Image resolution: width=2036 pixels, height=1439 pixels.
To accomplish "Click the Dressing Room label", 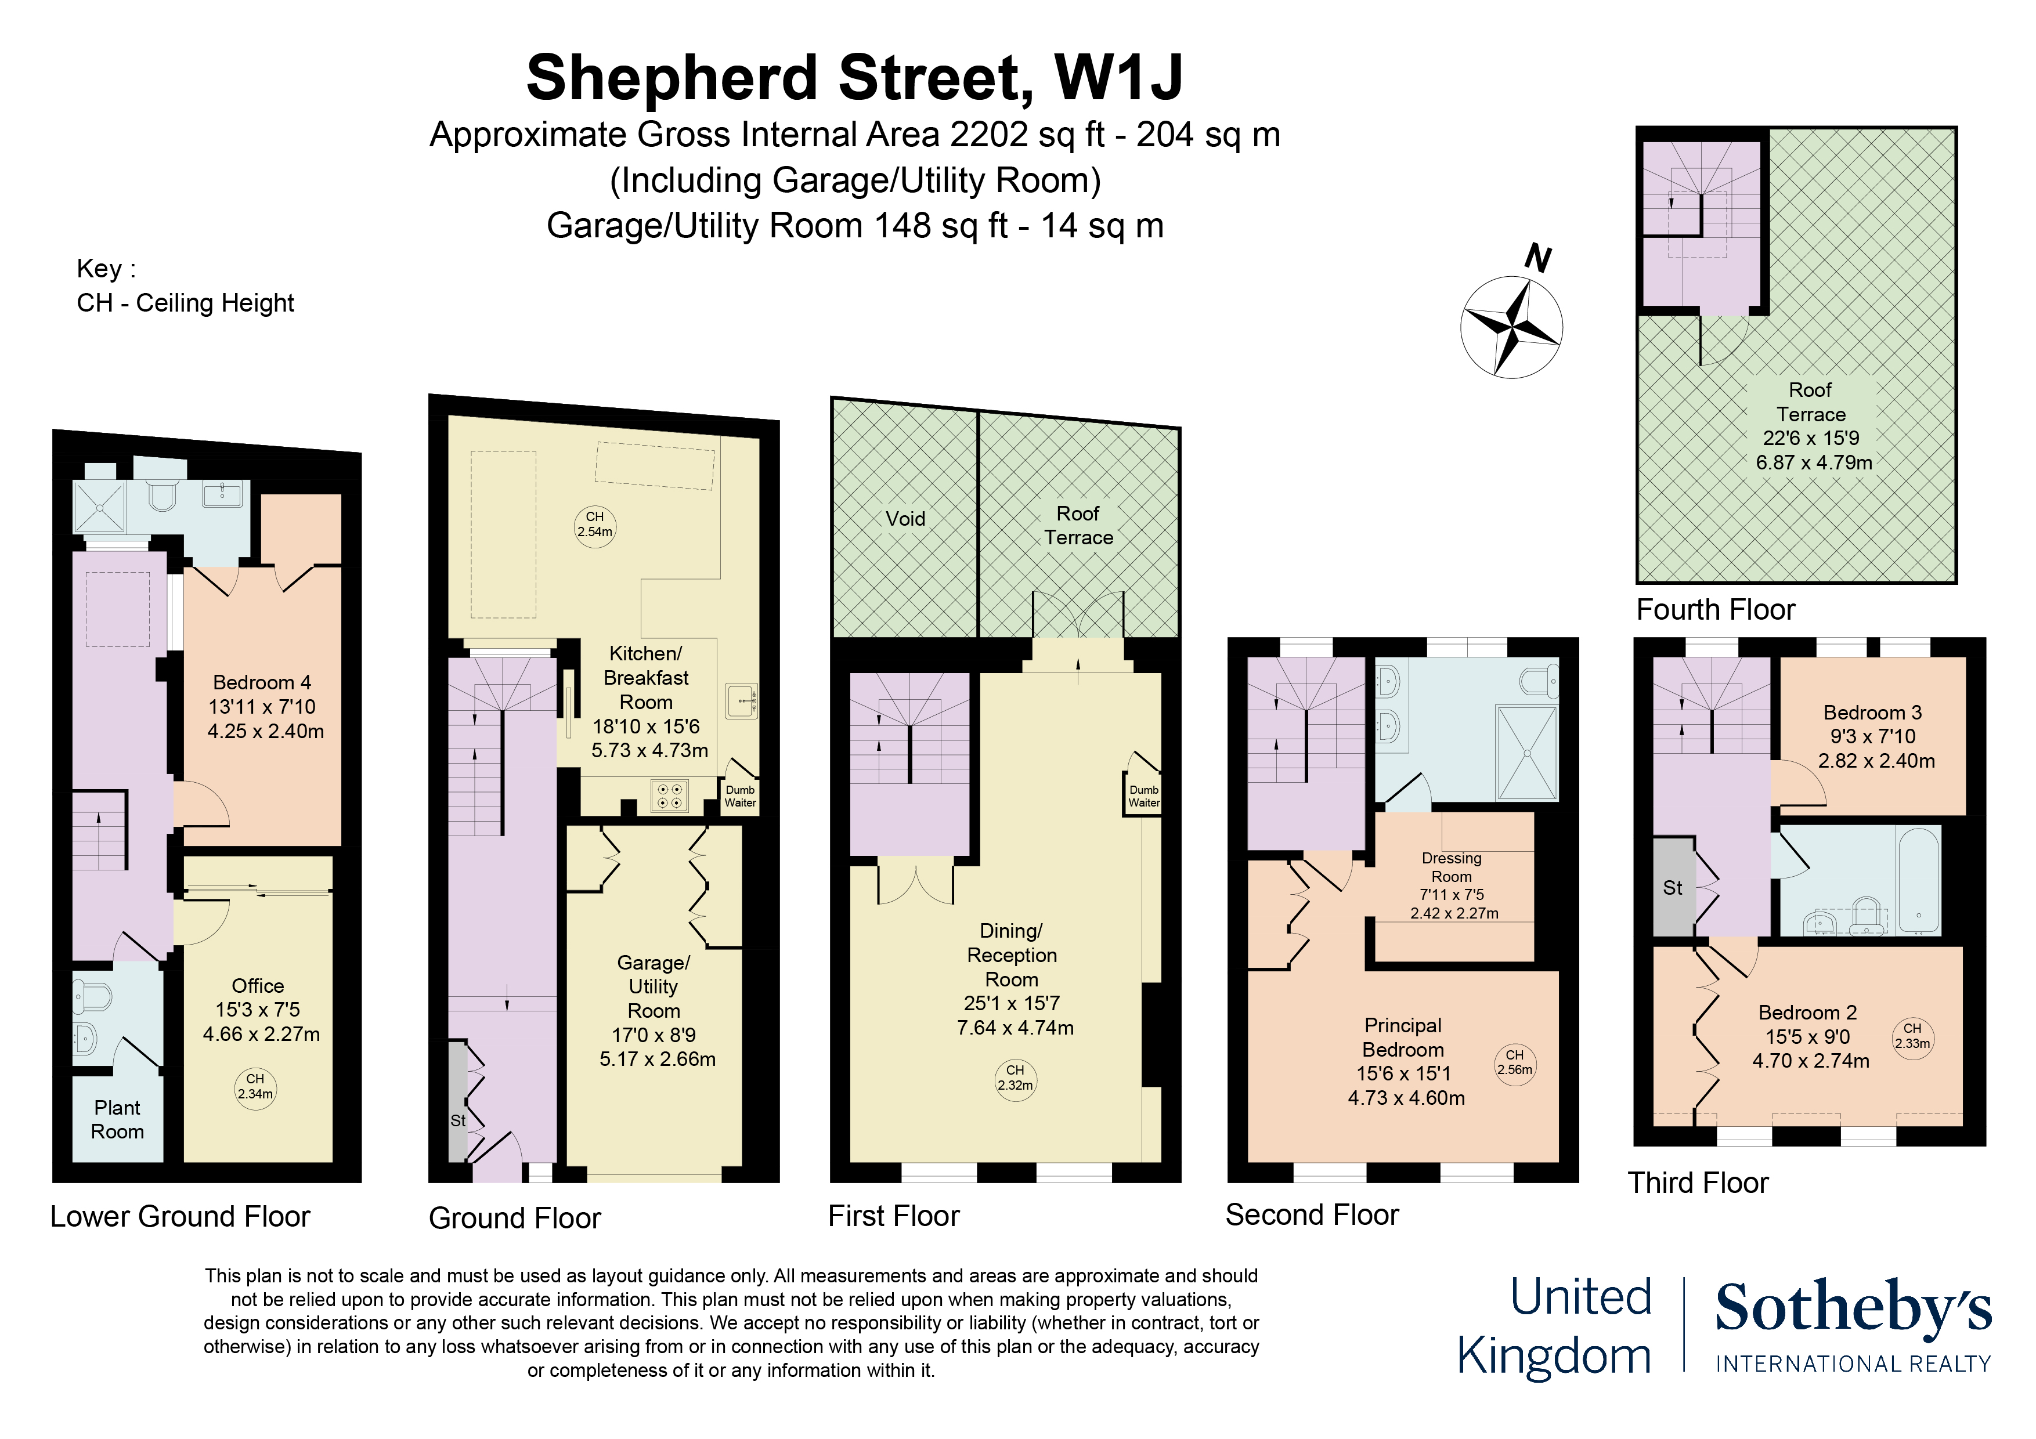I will (x=1451, y=867).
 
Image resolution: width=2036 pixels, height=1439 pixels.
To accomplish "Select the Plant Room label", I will (x=117, y=1119).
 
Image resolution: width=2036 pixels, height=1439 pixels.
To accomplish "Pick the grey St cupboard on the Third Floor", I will (x=1673, y=887).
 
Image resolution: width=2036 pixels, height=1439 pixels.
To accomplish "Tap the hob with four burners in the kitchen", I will (x=670, y=796).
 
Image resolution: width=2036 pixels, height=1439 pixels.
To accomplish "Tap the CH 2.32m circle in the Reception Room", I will (x=1015, y=1078).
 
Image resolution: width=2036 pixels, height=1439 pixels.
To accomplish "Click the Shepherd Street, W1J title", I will (x=854, y=78).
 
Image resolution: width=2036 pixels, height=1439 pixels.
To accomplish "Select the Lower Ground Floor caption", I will (x=180, y=1216).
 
